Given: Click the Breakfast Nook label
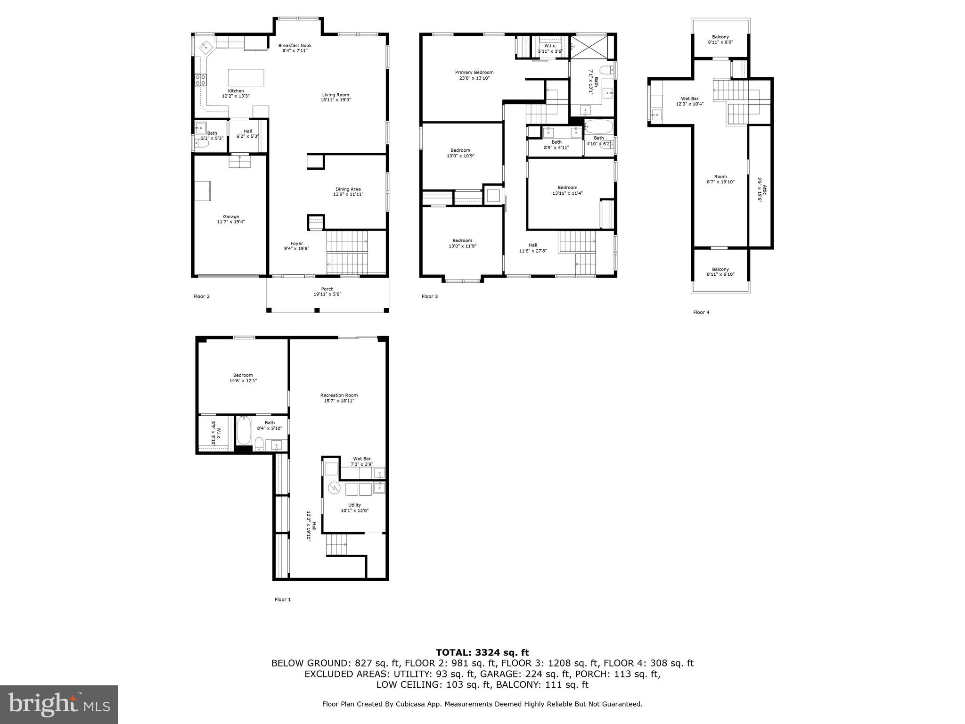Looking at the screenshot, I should click(294, 46).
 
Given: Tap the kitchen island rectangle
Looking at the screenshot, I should click(246, 77).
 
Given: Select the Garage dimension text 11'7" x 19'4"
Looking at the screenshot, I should click(231, 222).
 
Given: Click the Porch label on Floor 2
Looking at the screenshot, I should click(327, 289).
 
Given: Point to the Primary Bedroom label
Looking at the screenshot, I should click(474, 73).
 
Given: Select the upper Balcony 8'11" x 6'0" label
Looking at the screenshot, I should click(720, 37).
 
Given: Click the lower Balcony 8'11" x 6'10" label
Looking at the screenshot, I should click(720, 270).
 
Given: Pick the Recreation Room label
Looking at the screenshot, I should click(339, 395).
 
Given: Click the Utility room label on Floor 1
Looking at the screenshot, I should click(354, 505).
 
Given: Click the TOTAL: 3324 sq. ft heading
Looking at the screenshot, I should click(482, 652).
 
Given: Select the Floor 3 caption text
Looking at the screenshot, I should click(429, 296).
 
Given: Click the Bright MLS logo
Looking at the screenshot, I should click(59, 704).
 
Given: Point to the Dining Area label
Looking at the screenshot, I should click(348, 189).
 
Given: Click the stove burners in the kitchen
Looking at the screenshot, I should click(200, 80).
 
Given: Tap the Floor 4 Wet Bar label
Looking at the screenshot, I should click(689, 99).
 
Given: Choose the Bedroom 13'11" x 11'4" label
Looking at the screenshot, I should click(567, 188).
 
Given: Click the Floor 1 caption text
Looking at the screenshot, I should click(283, 600).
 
